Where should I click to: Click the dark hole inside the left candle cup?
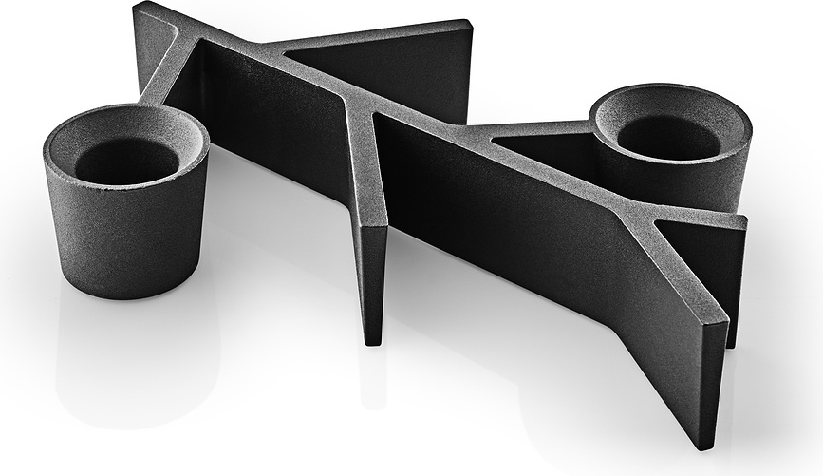point(126,162)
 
